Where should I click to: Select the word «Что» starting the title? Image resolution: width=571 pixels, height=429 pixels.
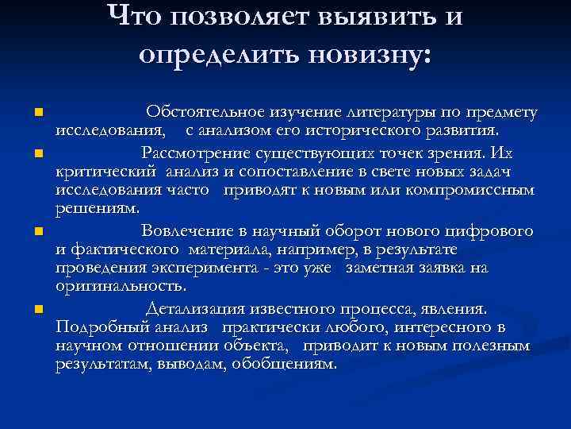(x=131, y=15)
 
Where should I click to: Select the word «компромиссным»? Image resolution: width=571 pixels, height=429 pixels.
(x=479, y=191)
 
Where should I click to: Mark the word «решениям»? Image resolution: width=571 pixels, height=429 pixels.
(x=97, y=208)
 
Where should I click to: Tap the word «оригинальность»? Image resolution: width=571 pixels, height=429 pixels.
(x=121, y=286)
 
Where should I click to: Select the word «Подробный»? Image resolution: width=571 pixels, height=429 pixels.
(x=94, y=327)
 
